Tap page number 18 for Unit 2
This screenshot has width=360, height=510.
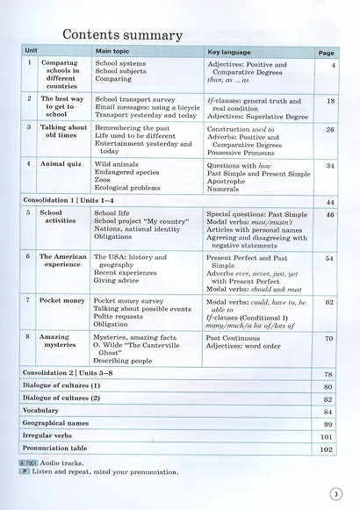pos(330,101)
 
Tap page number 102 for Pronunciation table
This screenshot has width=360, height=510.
pos(328,449)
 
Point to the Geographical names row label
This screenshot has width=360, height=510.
pos(58,424)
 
